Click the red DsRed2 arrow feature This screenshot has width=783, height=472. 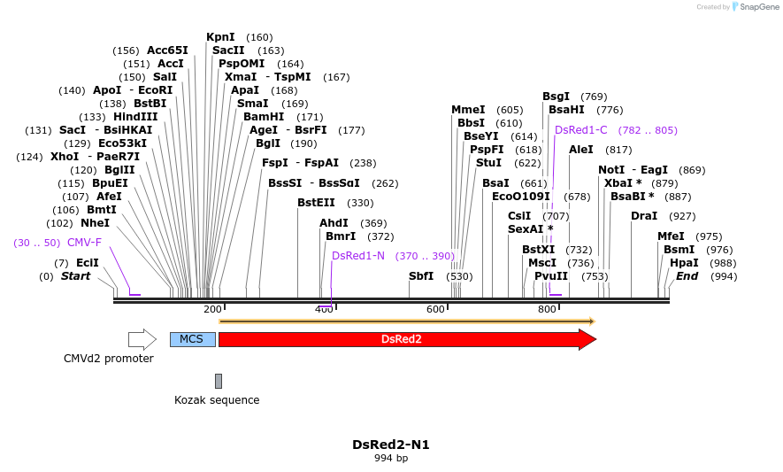[403, 339]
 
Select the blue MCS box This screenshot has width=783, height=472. [192, 339]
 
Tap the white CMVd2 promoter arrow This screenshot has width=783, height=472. [142, 339]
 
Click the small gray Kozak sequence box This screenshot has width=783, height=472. [219, 381]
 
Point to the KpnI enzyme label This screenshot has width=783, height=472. [220, 37]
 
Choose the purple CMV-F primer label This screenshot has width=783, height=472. [84, 243]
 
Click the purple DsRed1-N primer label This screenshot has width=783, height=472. [358, 256]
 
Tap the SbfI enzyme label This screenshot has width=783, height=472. [421, 276]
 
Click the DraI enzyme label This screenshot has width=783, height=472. [644, 216]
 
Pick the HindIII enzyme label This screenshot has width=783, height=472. [135, 117]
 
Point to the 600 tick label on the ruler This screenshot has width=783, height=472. [435, 309]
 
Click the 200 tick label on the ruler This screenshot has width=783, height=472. [212, 309]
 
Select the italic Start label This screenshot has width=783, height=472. [75, 276]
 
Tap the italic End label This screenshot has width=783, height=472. [687, 276]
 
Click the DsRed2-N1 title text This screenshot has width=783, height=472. [391, 445]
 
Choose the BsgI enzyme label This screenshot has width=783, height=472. [556, 97]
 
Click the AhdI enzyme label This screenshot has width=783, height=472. [334, 223]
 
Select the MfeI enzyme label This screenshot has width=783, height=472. [671, 236]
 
